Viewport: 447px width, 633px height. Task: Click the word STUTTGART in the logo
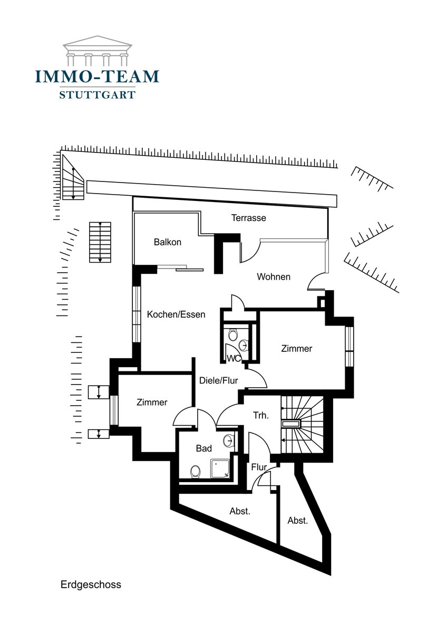click(97, 95)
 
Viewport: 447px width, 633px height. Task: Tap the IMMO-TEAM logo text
click(97, 76)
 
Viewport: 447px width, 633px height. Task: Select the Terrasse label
click(249, 217)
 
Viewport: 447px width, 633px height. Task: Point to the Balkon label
click(168, 242)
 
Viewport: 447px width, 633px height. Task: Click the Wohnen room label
click(274, 276)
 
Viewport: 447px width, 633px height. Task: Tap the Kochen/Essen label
click(176, 314)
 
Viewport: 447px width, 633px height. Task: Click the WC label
click(234, 359)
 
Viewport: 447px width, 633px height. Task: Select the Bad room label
click(204, 448)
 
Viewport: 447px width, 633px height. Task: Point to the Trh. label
click(260, 416)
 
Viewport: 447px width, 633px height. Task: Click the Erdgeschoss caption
click(91, 584)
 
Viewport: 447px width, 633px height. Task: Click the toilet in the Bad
click(196, 471)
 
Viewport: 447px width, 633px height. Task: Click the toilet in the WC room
click(234, 334)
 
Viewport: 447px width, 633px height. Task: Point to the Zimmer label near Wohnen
click(296, 349)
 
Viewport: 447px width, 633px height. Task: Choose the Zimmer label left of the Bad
click(152, 402)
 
